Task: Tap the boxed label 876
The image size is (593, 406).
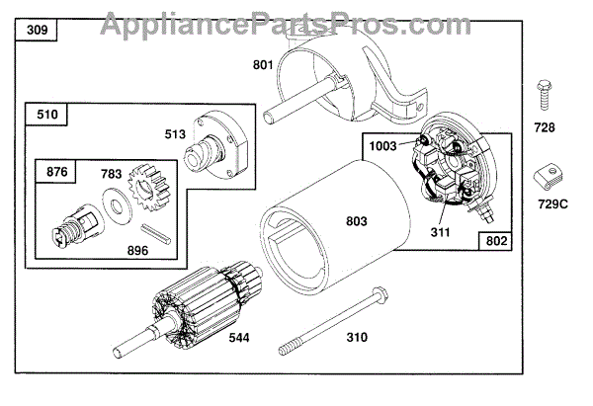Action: point(56,173)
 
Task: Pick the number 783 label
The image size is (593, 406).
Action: point(111,174)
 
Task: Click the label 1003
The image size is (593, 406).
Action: point(382,145)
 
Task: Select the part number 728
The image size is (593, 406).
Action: point(546,127)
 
